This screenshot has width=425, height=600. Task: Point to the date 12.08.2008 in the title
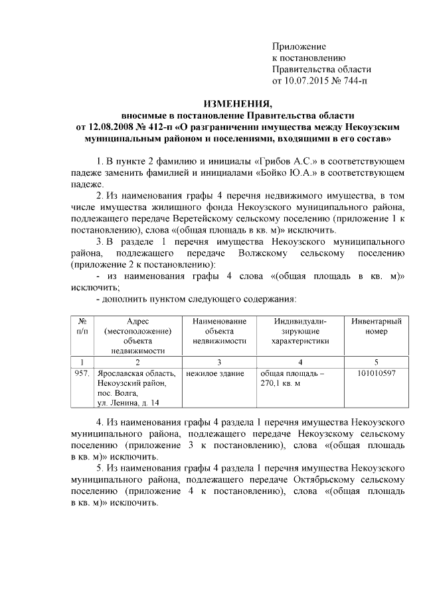click(107, 127)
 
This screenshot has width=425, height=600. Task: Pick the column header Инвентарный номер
click(376, 326)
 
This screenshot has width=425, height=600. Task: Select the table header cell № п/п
click(82, 326)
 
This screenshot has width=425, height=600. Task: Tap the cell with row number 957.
click(82, 373)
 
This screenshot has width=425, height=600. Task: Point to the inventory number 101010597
click(376, 373)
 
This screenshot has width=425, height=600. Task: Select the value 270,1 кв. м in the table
click(281, 383)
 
